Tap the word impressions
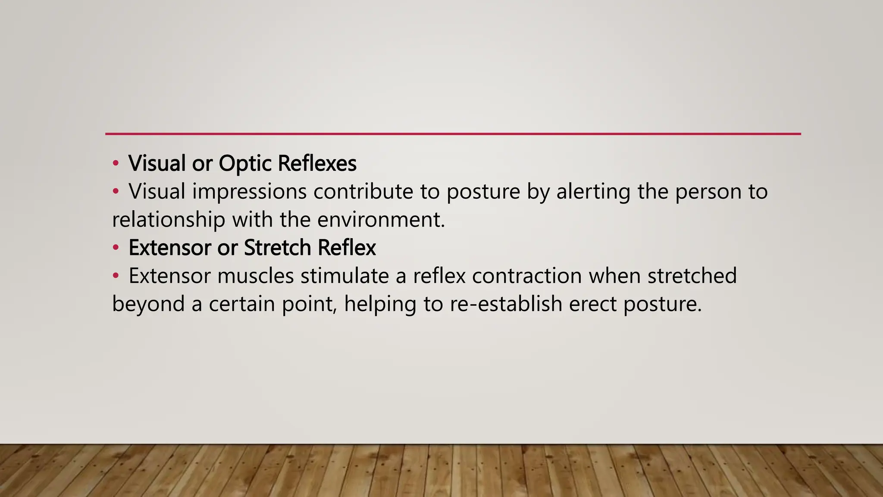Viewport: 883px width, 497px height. (x=249, y=192)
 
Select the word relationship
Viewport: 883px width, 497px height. (x=169, y=220)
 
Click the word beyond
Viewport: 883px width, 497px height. (x=148, y=304)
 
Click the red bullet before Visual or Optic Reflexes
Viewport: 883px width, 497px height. (x=115, y=164)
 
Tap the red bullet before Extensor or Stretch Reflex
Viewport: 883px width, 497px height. (x=115, y=248)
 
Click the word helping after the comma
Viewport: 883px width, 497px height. (x=380, y=304)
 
